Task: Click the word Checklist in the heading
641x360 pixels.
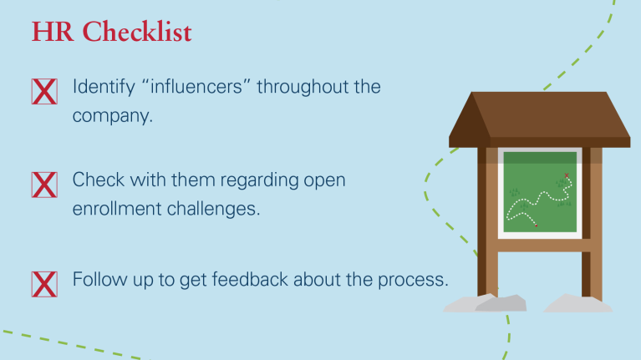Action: click(137, 32)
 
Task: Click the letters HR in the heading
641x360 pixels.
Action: click(53, 32)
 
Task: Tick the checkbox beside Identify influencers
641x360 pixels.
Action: click(44, 92)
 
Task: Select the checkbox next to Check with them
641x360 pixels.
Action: click(44, 185)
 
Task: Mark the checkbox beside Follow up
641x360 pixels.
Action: click(44, 284)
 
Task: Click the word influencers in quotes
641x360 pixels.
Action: click(196, 87)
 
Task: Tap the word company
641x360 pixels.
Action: click(113, 116)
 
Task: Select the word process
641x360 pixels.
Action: click(413, 281)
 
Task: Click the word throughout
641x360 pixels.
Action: click(303, 88)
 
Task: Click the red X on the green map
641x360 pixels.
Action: click(567, 175)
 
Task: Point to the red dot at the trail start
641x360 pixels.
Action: click(537, 226)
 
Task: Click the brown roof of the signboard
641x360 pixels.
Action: click(540, 119)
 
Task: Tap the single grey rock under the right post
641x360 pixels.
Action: click(577, 303)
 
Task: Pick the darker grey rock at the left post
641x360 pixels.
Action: click(501, 303)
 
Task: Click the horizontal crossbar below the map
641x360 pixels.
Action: click(540, 246)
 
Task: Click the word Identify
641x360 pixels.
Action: click(104, 88)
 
